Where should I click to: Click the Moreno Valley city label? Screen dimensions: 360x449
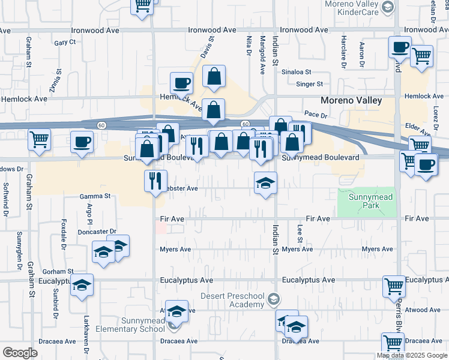(x=351, y=101)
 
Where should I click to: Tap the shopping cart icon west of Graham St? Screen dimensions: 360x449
(x=39, y=140)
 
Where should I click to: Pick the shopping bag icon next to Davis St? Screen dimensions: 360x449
(x=214, y=76)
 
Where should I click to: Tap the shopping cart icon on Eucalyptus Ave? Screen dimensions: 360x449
(x=394, y=286)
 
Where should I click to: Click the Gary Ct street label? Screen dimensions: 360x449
(x=65, y=43)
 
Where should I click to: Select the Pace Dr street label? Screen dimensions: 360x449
(x=315, y=113)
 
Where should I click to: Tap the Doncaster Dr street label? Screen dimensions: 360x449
(x=97, y=232)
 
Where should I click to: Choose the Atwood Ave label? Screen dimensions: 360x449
(x=427, y=310)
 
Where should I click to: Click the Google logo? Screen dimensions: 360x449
(x=20, y=353)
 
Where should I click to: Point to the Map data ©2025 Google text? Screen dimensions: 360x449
(x=411, y=356)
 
